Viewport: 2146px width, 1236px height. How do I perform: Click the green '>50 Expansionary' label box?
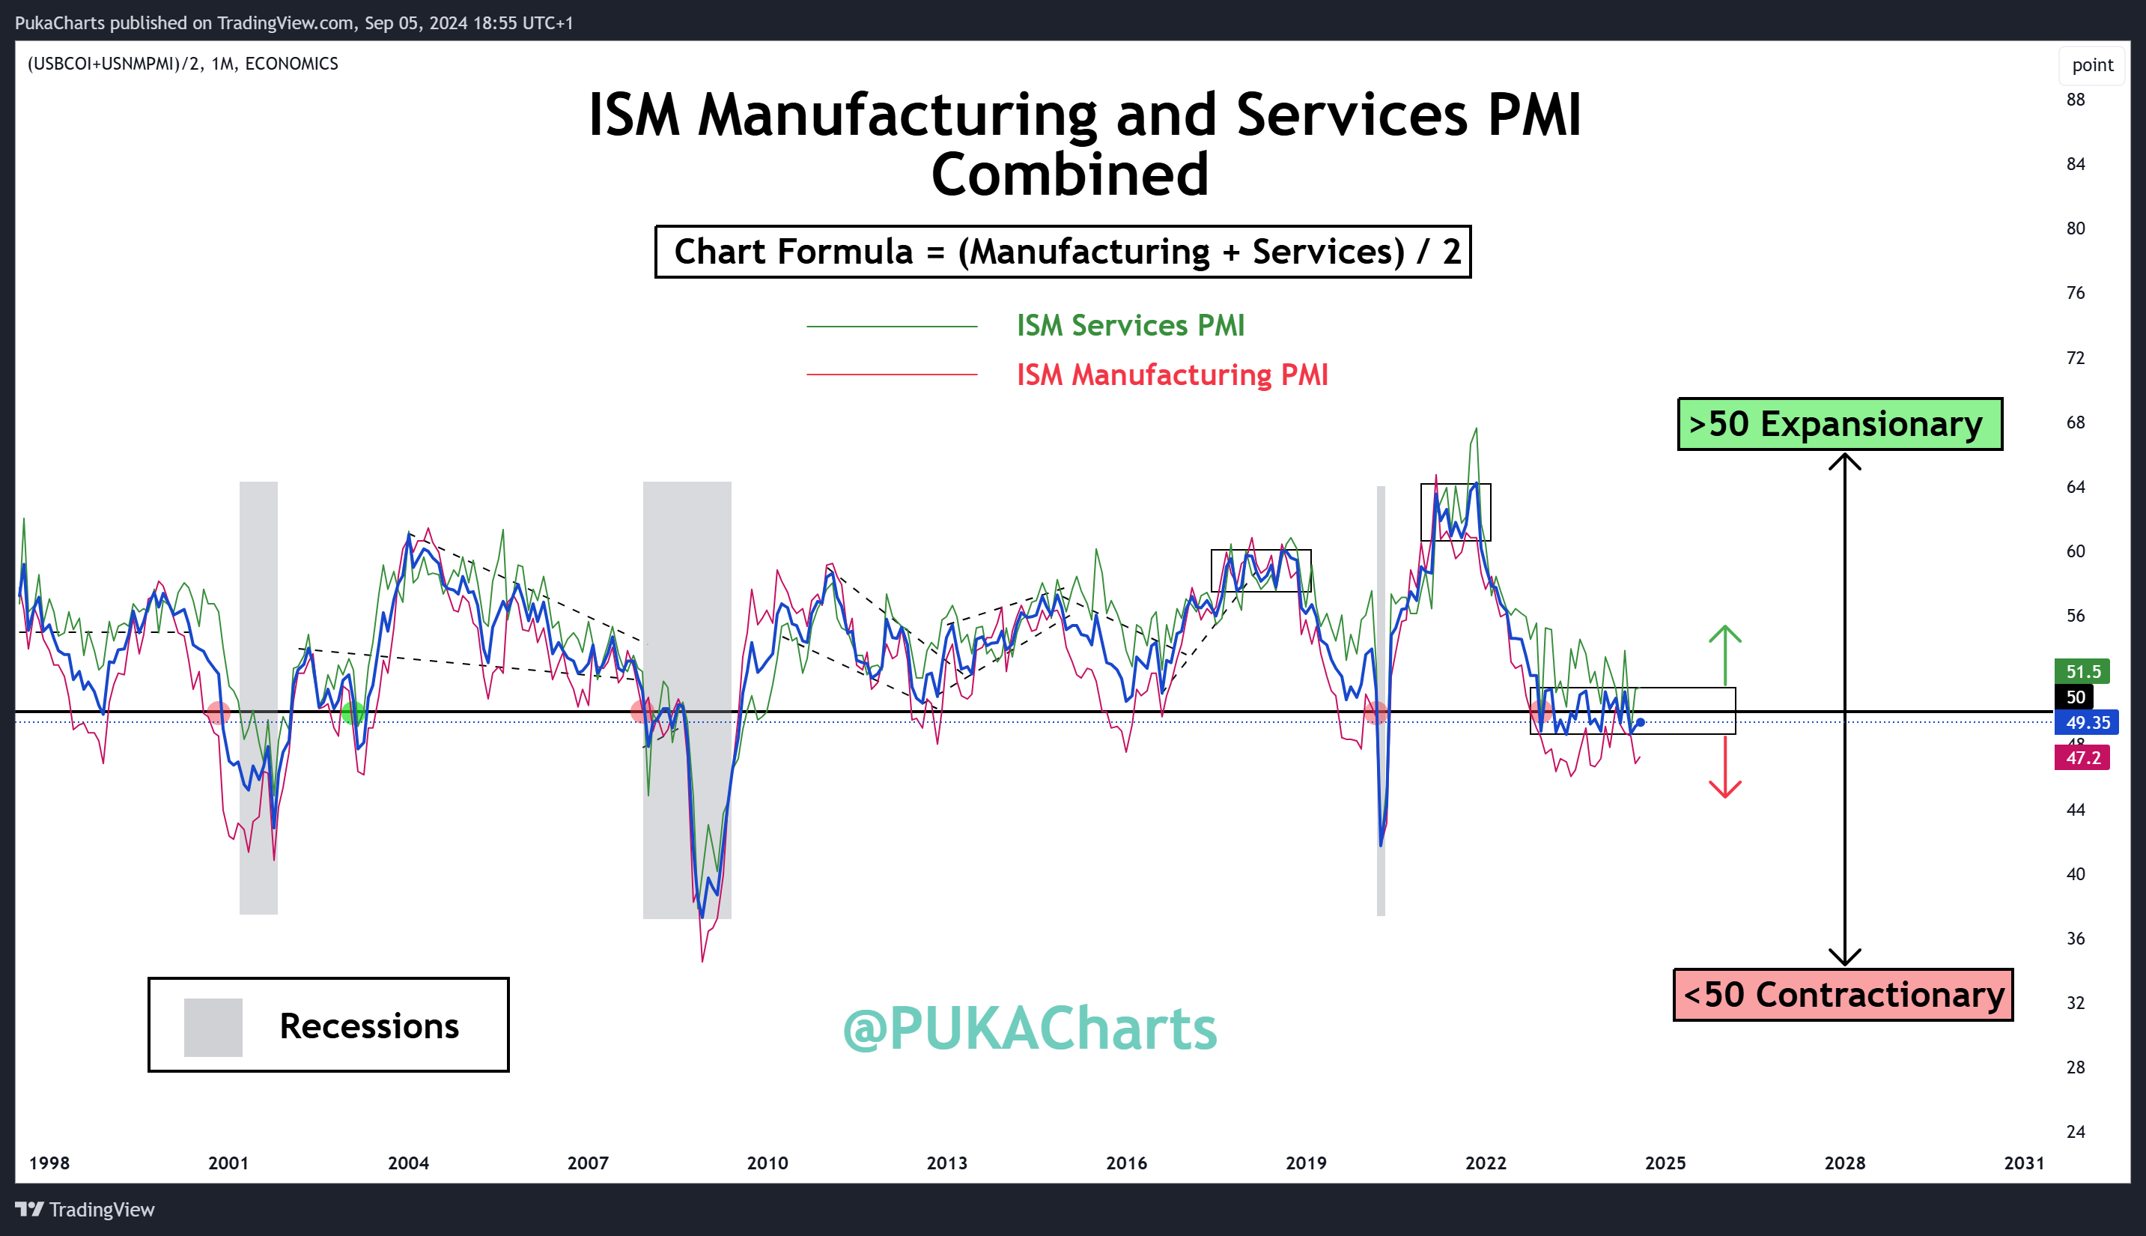1840,423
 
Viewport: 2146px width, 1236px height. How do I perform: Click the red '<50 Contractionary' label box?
1843,994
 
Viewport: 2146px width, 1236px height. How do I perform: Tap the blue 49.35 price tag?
2087,722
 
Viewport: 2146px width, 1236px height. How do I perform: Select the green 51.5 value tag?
2082,671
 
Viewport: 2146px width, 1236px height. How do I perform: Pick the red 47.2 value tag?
2082,757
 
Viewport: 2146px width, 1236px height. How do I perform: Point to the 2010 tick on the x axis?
767,1163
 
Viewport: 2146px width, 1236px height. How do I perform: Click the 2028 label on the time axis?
1845,1163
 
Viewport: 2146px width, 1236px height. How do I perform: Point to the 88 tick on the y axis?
2076,100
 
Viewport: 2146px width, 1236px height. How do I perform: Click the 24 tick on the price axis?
2076,1132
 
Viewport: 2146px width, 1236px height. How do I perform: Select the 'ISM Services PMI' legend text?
1130,325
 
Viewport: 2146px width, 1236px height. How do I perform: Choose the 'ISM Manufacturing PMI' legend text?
1172,375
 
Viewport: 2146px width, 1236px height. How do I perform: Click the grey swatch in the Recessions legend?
213,1027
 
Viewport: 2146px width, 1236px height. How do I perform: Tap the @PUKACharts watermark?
1030,1028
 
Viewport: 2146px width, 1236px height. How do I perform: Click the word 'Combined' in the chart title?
1070,174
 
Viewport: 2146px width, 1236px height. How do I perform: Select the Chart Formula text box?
1063,251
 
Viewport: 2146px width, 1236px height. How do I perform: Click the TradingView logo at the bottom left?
85,1209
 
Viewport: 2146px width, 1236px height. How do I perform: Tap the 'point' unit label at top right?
2093,65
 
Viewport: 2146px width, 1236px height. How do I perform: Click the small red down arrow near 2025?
1725,767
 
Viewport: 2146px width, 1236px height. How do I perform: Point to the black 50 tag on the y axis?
2075,697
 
